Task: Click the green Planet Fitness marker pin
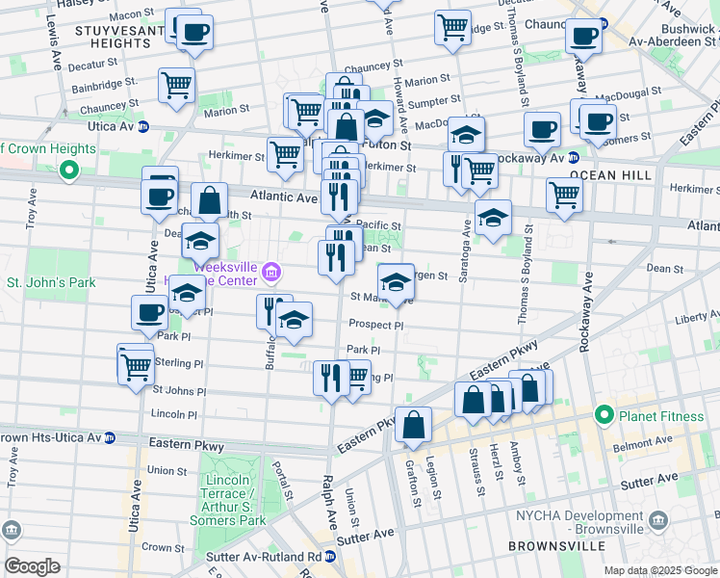[604, 415]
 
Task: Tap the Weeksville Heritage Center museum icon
[272, 274]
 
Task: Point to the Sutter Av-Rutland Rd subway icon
[330, 557]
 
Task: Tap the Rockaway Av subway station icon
[573, 157]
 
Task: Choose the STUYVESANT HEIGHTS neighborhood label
[111, 38]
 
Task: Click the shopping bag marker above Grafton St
[413, 425]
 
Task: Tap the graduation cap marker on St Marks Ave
[395, 282]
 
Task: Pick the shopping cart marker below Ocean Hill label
[564, 195]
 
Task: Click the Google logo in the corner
[32, 565]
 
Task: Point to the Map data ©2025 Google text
[659, 570]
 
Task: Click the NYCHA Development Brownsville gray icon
[657, 521]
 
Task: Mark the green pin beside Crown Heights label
[68, 171]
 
